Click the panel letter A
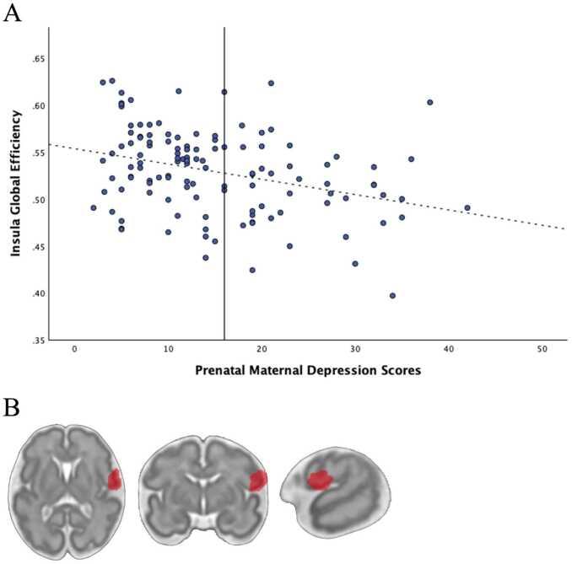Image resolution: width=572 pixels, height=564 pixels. tap(13, 14)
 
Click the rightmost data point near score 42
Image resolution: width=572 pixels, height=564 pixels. tap(467, 207)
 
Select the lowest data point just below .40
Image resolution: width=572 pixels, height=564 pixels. tap(392, 295)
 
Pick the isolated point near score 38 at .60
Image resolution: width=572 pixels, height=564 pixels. tap(429, 102)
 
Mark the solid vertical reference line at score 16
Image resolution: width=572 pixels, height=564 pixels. tap(224, 253)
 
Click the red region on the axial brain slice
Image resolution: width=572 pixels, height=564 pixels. tap(115, 479)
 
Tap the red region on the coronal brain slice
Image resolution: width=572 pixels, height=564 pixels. tap(257, 480)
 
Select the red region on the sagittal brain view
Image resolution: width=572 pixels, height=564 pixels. tap(320, 480)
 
